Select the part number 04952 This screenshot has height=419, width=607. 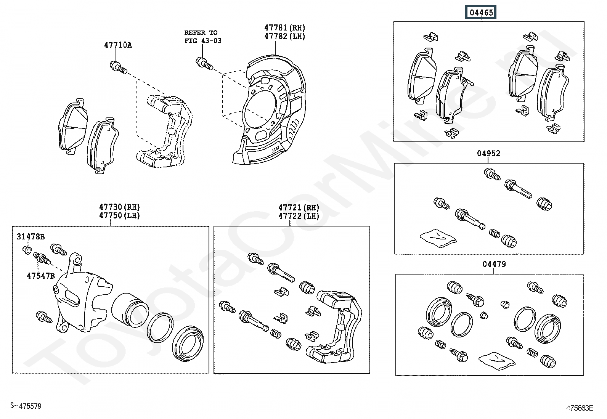(488, 154)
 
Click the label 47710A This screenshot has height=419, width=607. (118, 45)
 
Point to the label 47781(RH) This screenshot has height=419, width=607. (285, 28)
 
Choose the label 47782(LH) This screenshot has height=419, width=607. (285, 37)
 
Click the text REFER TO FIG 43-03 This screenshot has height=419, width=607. (203, 37)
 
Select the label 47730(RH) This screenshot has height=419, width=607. (119, 207)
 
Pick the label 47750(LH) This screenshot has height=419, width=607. (119, 215)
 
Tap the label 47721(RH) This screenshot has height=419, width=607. (299, 207)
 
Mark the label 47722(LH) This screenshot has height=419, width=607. (299, 216)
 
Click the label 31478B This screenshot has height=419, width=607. (31, 237)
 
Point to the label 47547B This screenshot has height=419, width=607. (40, 276)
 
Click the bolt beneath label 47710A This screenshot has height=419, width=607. (118, 67)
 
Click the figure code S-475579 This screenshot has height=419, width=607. (26, 406)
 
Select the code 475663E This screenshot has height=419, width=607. (580, 408)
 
